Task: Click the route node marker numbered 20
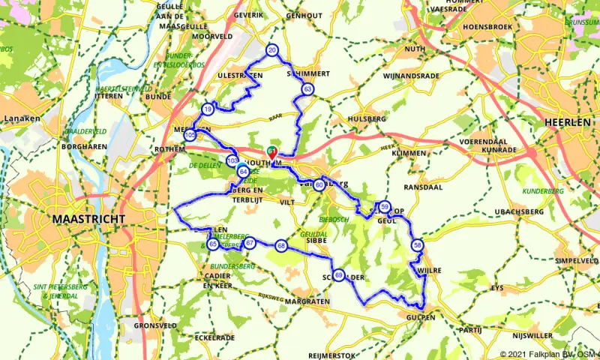click(x=271, y=50)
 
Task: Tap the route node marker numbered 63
click(x=308, y=89)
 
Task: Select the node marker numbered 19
click(x=208, y=109)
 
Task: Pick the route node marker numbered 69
click(x=339, y=275)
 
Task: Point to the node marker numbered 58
click(x=418, y=244)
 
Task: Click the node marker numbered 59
click(x=385, y=207)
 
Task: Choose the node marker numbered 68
click(x=281, y=245)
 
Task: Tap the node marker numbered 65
click(x=213, y=244)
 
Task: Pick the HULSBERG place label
click(x=367, y=118)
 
